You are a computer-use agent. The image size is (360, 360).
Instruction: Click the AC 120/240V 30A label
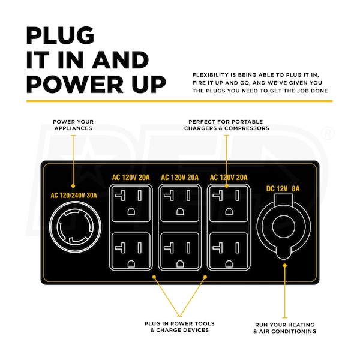pos(74,196)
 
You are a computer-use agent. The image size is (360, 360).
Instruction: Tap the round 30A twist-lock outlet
pos(75,227)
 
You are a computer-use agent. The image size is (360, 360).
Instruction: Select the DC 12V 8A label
pos(283,189)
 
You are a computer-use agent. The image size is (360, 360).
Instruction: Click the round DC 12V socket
pos(284,227)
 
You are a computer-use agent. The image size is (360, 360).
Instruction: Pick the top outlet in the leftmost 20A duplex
pos(131,203)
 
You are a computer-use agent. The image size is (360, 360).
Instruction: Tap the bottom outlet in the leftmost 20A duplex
pos(131,251)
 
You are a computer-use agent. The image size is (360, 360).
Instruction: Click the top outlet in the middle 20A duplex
pos(180,203)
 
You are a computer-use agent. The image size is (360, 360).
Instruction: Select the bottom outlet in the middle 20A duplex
pos(180,251)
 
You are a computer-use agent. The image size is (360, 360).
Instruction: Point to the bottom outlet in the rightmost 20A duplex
pos(229,251)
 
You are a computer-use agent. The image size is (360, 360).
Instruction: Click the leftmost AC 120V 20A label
pos(131,178)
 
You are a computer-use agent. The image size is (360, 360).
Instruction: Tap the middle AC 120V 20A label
pos(180,178)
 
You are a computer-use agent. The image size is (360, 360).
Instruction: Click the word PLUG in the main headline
pos(60,35)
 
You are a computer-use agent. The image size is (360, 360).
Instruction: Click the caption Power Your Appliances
pos(73,125)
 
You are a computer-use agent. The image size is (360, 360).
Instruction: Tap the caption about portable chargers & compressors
pos(227,125)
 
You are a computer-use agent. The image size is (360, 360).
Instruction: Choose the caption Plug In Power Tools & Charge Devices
pos(180,327)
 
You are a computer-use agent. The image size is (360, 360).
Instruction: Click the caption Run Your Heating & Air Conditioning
pos(284,328)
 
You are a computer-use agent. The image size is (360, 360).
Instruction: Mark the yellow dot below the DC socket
pos(284,265)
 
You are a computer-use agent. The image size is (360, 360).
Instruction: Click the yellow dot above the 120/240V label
pos(73,186)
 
